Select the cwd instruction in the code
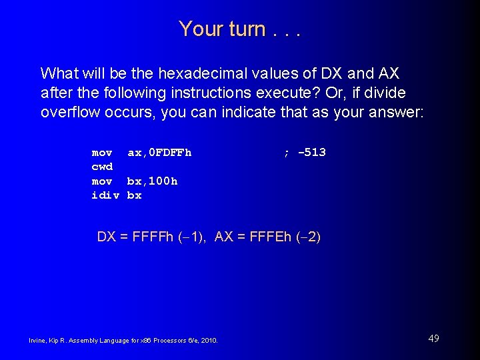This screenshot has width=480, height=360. point(102,167)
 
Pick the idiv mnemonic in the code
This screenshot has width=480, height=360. point(105,195)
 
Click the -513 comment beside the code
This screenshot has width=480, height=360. point(311,153)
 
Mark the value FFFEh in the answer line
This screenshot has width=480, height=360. point(269,237)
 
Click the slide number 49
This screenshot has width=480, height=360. point(433,339)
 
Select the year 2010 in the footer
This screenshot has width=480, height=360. point(210,341)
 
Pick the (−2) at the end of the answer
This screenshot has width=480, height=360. point(308,237)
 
